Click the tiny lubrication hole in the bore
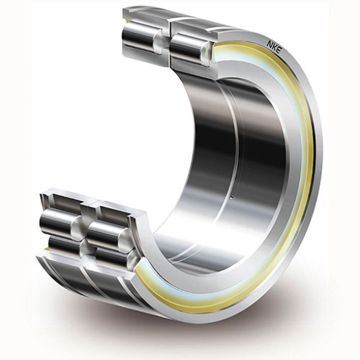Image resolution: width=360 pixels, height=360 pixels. tap(231, 198)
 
